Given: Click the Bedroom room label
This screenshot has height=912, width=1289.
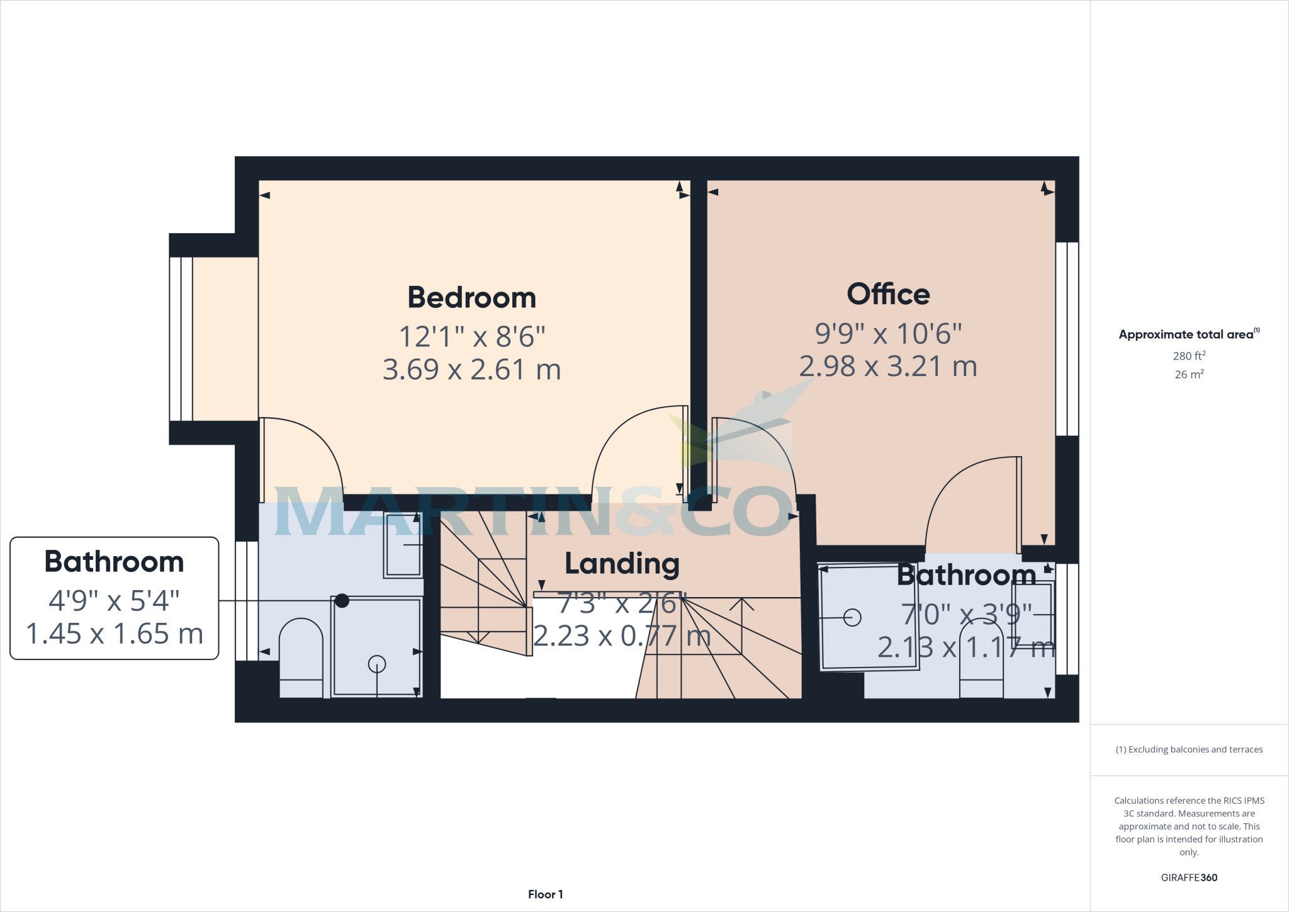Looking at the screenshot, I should pos(471,297).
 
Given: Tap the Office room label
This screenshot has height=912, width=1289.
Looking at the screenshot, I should pos(888,294).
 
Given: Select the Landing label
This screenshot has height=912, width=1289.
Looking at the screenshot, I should pos(622,564).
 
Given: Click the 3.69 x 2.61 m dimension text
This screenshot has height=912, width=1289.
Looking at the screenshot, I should pos(471,370).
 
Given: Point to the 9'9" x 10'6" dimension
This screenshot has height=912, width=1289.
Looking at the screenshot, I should pos(888,333).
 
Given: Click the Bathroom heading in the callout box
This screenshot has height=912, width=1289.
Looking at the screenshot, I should pos(114,562).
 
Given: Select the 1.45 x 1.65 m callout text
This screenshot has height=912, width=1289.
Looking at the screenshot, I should pos(114,634).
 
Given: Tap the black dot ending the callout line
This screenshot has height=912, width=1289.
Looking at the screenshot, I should pos(342,601).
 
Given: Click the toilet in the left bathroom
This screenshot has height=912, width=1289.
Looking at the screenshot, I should pos(301,658).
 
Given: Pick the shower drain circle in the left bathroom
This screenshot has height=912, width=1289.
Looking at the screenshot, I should pos(376,663).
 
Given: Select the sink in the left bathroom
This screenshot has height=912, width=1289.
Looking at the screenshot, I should pos(403,545).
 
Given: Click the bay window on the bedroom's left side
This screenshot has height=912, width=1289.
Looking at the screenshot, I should pos(181,339).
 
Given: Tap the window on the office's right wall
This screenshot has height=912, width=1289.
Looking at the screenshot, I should pos(1067,339).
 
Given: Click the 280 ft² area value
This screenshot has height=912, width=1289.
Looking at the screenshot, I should pos(1188,356).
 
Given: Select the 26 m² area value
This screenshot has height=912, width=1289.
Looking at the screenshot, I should pos(1188,374).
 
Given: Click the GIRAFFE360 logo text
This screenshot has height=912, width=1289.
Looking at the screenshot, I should pos(1188,877).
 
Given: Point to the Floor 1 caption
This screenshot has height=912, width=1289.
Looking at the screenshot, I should pos(545,894).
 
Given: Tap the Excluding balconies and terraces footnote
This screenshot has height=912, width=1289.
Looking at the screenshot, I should pos(1188,750).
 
